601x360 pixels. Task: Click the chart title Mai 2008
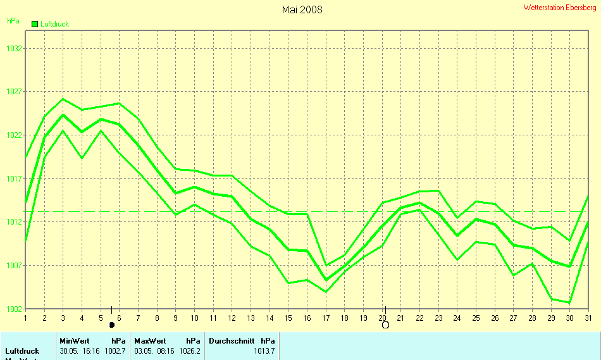click(x=302, y=9)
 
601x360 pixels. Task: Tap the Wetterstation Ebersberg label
click(x=560, y=8)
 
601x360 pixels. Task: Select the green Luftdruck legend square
click(x=34, y=24)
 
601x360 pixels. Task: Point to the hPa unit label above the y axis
click(x=13, y=20)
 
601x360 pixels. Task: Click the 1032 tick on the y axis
click(x=15, y=48)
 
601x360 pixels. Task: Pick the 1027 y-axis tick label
click(x=15, y=92)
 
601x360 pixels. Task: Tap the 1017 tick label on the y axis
click(x=15, y=179)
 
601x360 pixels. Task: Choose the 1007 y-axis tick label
click(x=15, y=266)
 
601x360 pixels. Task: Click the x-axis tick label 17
click(x=326, y=318)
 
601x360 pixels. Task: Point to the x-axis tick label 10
click(x=195, y=318)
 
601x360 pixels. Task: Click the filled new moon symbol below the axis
click(x=112, y=325)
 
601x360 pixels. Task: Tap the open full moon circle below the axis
click(x=385, y=325)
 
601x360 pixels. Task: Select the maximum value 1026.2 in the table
click(x=190, y=351)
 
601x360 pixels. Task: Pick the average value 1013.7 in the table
click(x=264, y=351)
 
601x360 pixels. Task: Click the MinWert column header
click(x=75, y=340)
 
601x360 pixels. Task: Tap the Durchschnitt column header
click(x=231, y=340)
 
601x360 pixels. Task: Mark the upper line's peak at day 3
click(x=63, y=99)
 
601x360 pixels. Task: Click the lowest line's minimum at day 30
click(x=570, y=302)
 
